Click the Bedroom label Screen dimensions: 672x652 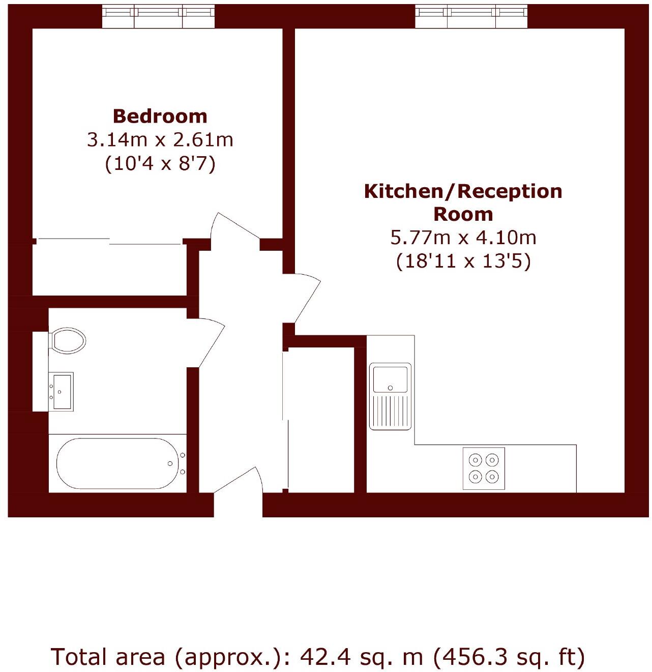click(x=160, y=116)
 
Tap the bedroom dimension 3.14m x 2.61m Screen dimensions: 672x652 click(x=160, y=139)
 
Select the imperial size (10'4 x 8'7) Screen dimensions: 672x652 click(x=160, y=163)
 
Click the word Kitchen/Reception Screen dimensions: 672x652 click(x=463, y=191)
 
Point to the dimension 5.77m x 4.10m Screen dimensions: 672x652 click(x=463, y=238)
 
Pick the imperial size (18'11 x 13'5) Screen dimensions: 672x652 click(x=463, y=261)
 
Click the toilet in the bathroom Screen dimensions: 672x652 click(x=68, y=340)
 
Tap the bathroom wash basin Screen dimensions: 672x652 click(x=62, y=391)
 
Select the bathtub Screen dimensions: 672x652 click(x=117, y=463)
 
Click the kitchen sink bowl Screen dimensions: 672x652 click(x=390, y=378)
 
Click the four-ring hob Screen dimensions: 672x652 click(x=483, y=469)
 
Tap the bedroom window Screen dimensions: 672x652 click(x=158, y=16)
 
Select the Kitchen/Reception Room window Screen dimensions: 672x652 click(x=471, y=16)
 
